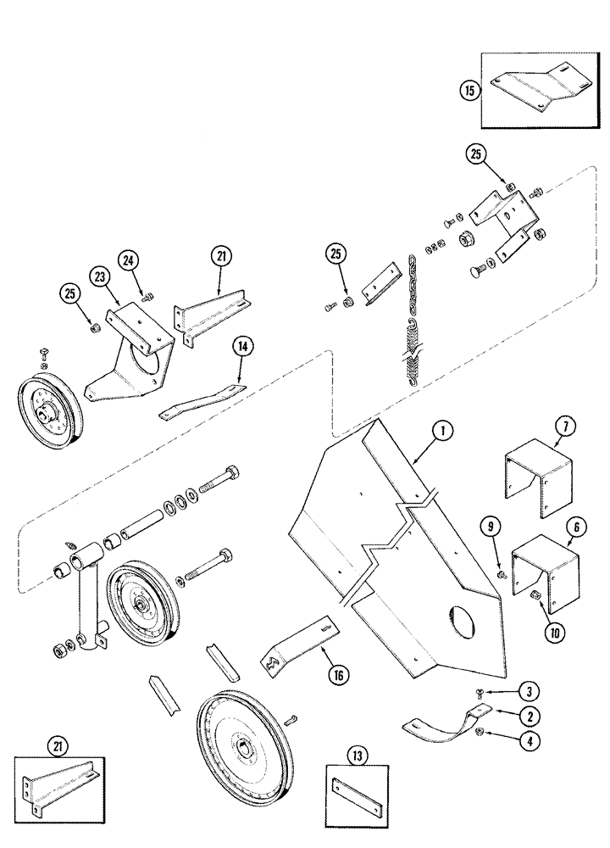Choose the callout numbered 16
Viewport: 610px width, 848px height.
point(321,674)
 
